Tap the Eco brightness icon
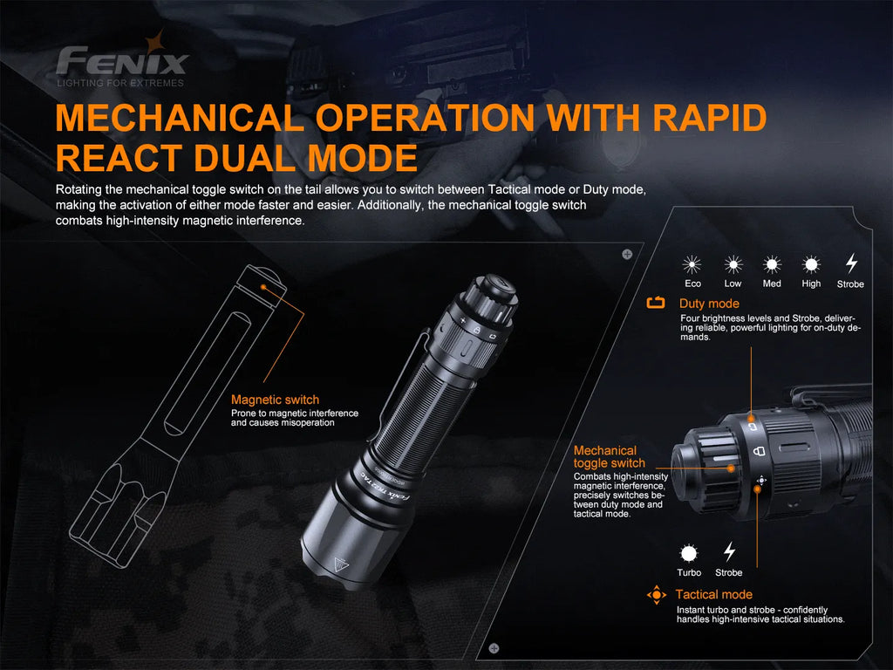click(x=692, y=264)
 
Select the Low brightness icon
click(x=733, y=264)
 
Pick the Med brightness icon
click(x=772, y=264)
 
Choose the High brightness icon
click(x=811, y=264)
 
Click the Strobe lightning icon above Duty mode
click(x=851, y=263)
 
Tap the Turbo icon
click(x=689, y=553)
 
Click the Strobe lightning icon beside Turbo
click(x=729, y=552)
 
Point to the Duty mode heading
click(x=709, y=304)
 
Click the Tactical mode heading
click(x=713, y=595)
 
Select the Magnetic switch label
click(x=275, y=400)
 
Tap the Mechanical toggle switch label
click(x=609, y=457)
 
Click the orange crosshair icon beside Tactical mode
click(x=657, y=595)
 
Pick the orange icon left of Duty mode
click(x=656, y=304)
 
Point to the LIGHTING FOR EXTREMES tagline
click(x=120, y=83)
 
